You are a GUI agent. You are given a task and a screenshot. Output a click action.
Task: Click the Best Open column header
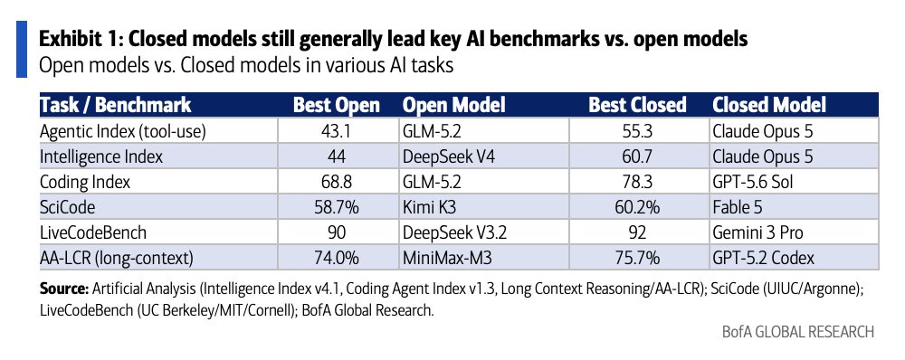coord(337,105)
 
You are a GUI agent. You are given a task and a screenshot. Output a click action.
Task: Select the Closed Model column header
coord(769,105)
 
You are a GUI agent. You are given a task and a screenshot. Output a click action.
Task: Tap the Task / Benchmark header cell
coord(116,105)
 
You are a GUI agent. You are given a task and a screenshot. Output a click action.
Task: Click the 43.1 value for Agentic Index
coord(337,131)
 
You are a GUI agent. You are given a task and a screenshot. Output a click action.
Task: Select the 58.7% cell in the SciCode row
coord(337,208)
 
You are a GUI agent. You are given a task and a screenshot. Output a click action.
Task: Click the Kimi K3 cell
coord(428,208)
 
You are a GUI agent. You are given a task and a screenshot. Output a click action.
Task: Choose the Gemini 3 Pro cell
coord(757,233)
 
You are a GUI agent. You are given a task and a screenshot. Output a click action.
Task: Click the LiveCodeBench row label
coord(93,233)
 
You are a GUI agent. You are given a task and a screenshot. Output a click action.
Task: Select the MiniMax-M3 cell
coord(447,259)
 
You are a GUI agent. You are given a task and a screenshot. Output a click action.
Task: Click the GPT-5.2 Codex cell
coord(764,259)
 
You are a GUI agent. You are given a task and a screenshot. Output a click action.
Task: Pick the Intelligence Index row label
coord(101,156)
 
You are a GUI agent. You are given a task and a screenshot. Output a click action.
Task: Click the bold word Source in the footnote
coord(64,289)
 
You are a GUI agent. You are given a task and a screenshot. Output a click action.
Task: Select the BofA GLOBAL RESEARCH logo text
coord(798,333)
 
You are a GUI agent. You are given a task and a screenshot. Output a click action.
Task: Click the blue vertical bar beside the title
coord(22,49)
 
